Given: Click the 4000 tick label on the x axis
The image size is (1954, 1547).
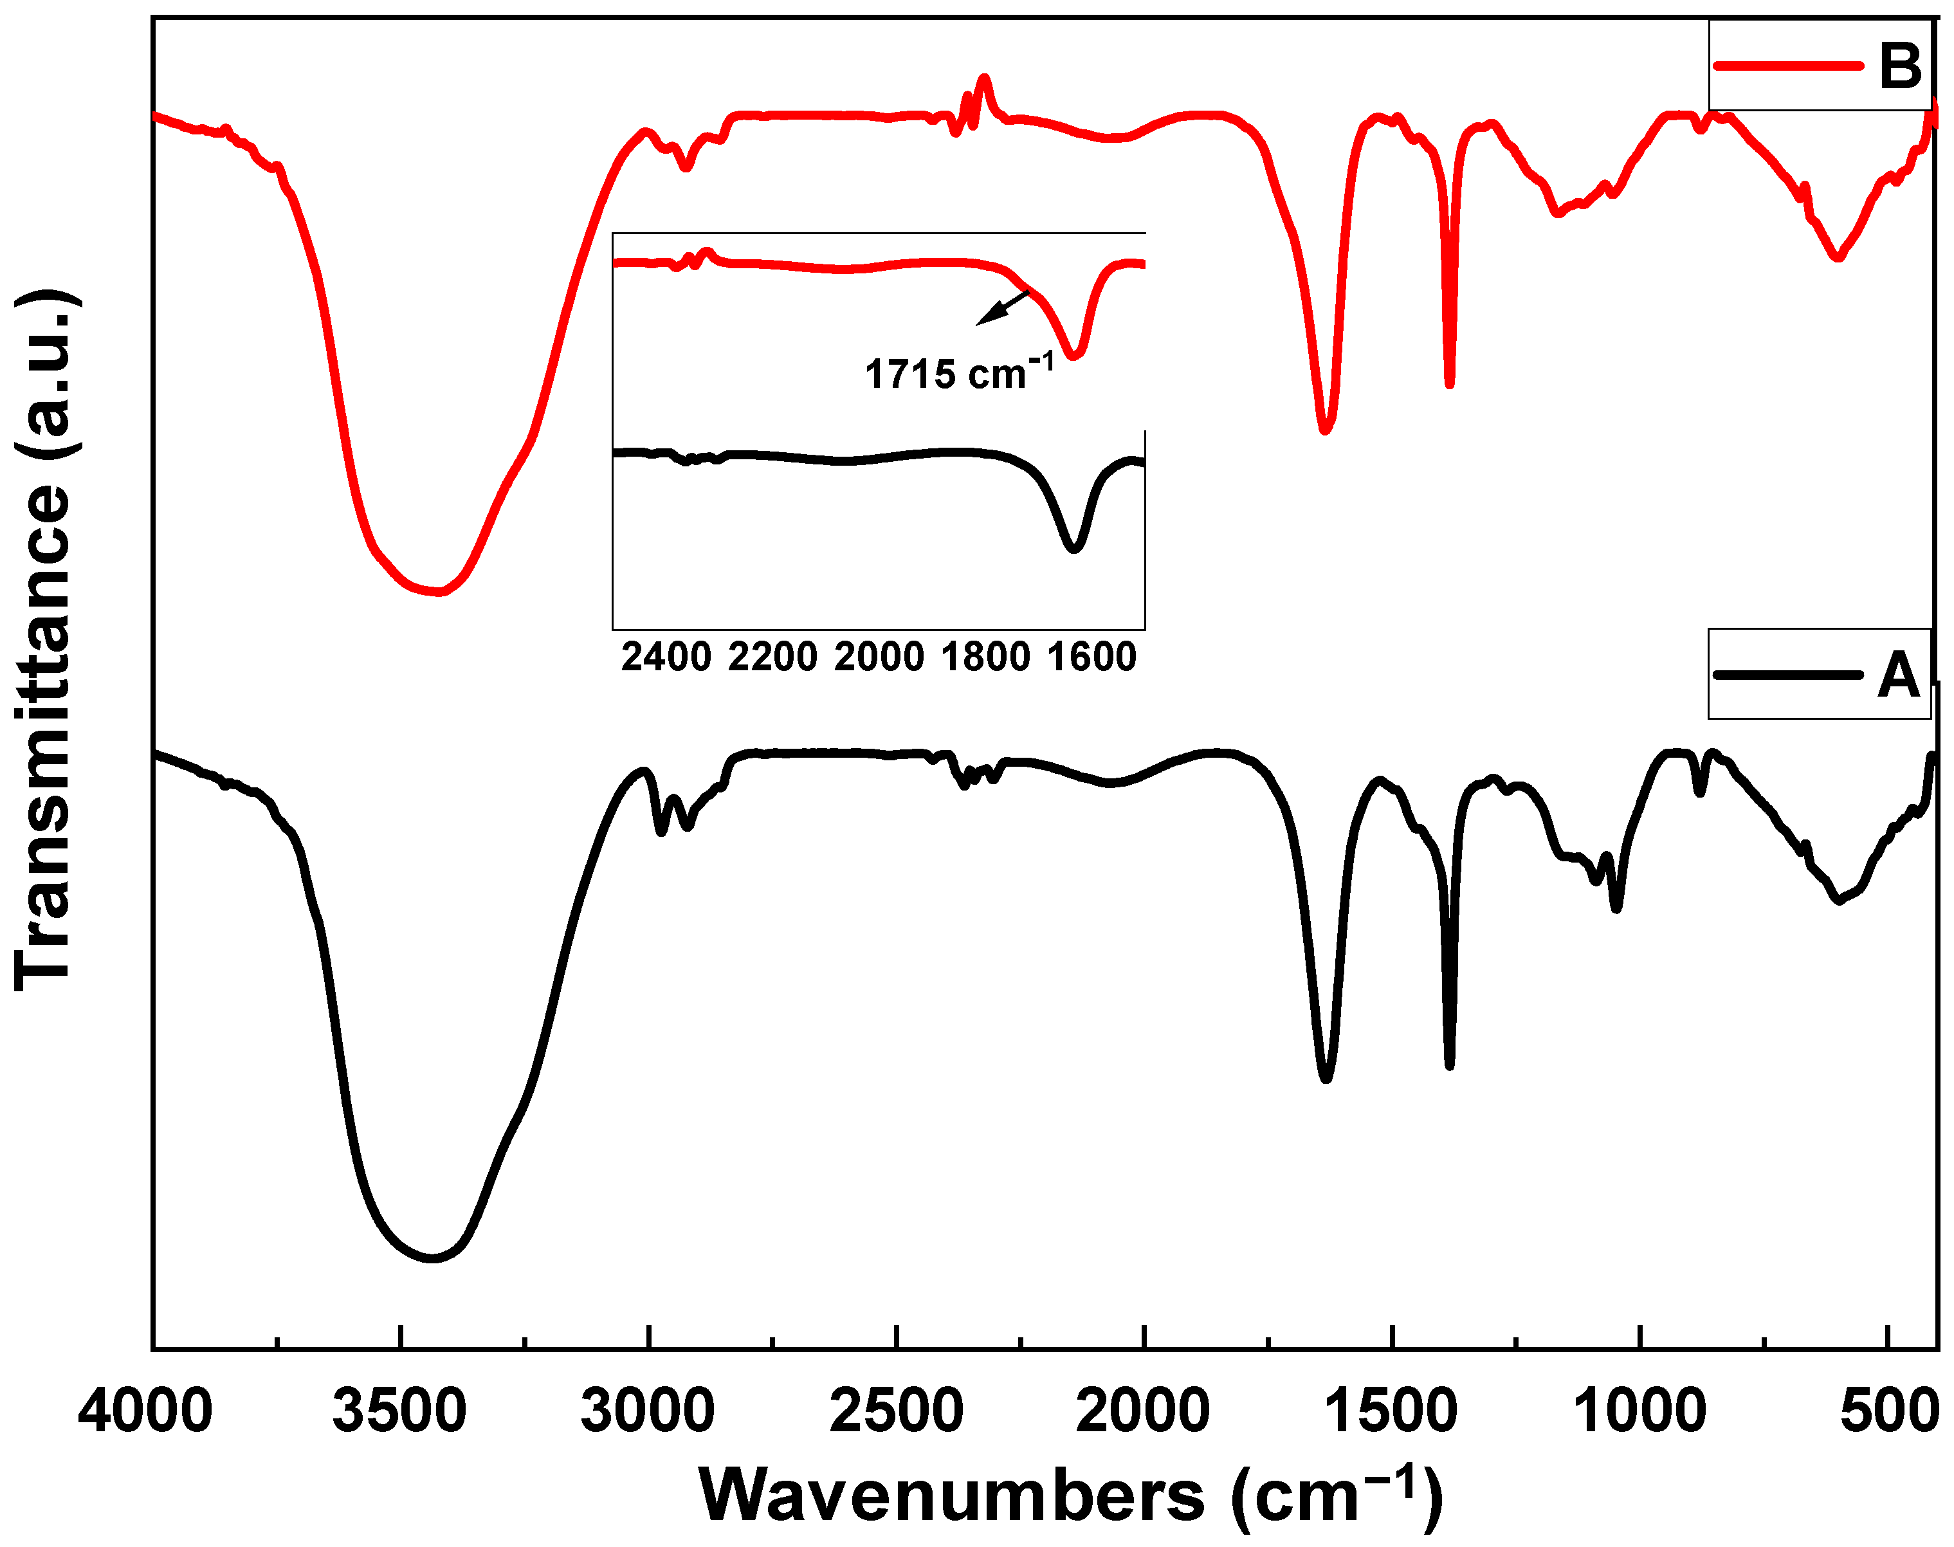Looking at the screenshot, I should pyautogui.click(x=145, y=1412).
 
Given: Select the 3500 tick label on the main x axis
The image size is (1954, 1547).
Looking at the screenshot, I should pyautogui.click(x=399, y=1412).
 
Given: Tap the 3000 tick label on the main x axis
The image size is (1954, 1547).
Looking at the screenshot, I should pyautogui.click(x=648, y=1412).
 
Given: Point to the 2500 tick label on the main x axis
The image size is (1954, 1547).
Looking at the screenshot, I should pyautogui.click(x=897, y=1412).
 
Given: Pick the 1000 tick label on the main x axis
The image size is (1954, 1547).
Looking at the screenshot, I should pyautogui.click(x=1639, y=1412).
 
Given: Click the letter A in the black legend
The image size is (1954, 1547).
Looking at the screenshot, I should pyautogui.click(x=1898, y=675).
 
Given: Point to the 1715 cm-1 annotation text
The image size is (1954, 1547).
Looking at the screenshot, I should pyautogui.click(x=959, y=373).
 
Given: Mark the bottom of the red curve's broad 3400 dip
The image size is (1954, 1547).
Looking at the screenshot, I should pyautogui.click(x=435, y=591).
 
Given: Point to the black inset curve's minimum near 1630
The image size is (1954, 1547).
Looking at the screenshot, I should pyautogui.click(x=1074, y=549).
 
